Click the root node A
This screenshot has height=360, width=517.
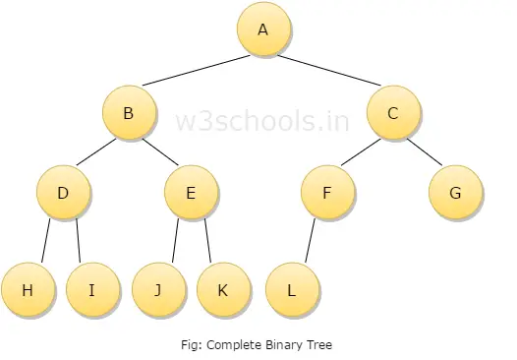tap(262, 30)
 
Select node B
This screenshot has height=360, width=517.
tap(129, 114)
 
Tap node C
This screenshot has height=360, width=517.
tap(392, 114)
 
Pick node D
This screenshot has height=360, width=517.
tap(63, 193)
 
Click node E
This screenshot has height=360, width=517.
tap(191, 193)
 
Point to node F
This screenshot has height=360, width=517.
tap(326, 193)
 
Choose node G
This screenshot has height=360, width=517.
tap(455, 193)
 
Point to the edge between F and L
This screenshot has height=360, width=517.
tap(309, 241)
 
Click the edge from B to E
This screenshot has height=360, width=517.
tap(159, 152)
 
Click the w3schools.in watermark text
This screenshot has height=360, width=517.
tap(261, 122)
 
